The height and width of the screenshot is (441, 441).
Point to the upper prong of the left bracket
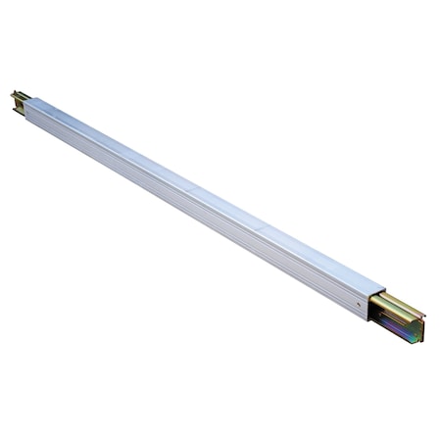(17, 94)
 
